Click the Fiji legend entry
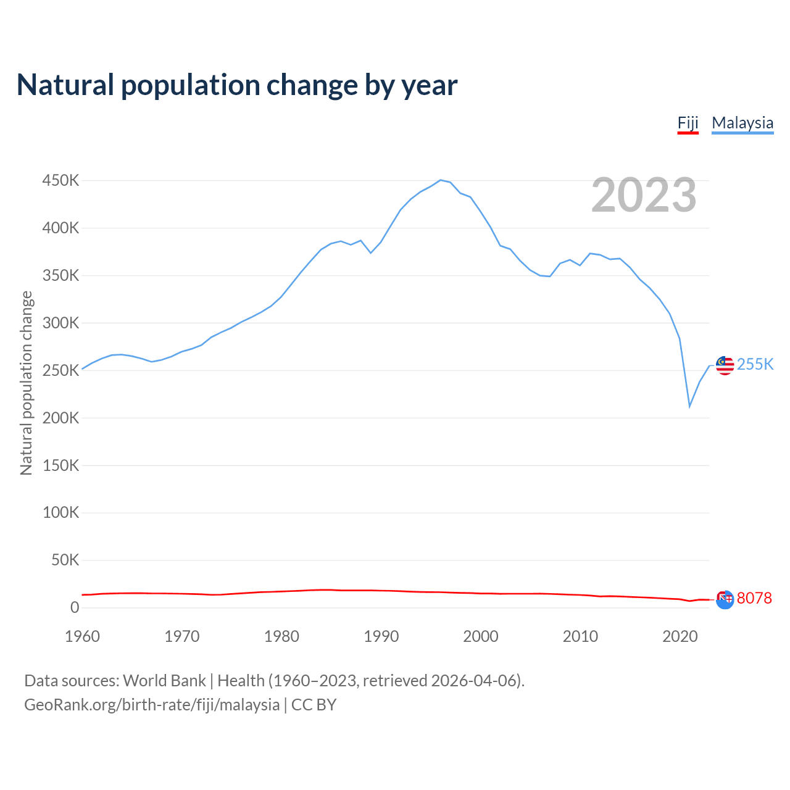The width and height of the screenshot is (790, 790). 688,123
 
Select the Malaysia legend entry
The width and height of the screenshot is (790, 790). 742,123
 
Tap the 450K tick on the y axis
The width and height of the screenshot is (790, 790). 60,181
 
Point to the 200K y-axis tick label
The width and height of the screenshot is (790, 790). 60,418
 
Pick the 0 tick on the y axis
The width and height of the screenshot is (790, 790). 75,608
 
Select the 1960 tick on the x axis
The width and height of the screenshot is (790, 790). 82,636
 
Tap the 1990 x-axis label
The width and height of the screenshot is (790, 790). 381,636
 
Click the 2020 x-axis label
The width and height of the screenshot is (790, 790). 680,636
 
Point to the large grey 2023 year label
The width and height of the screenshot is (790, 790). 644,195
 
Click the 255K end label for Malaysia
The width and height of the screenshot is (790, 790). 755,364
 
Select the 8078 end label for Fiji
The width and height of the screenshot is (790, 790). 754,598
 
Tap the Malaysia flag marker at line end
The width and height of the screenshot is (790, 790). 725,365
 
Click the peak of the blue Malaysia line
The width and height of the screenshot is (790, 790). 440,180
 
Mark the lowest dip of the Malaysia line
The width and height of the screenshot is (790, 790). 689,406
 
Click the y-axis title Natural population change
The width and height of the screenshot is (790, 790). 26,383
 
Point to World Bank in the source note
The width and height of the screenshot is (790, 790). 164,680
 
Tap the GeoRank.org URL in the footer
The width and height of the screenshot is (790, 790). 152,704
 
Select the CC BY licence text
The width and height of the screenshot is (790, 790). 314,704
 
